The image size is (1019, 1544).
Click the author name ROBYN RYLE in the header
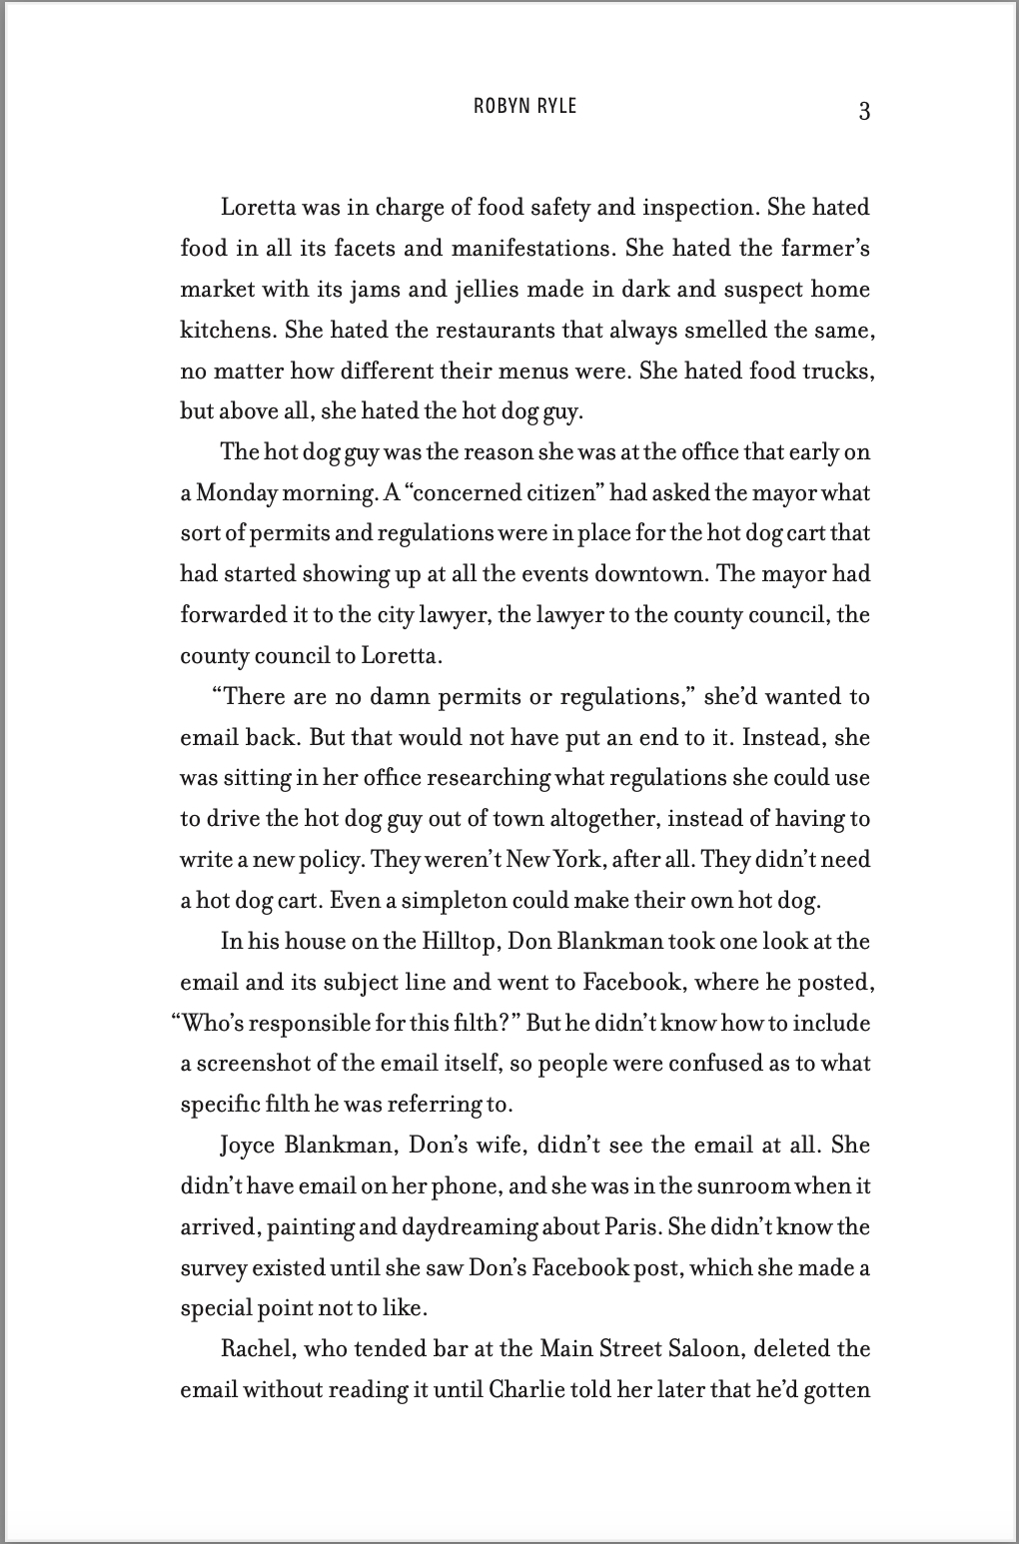pos(524,106)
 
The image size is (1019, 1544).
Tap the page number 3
pos(864,111)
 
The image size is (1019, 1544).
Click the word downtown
pos(649,573)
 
